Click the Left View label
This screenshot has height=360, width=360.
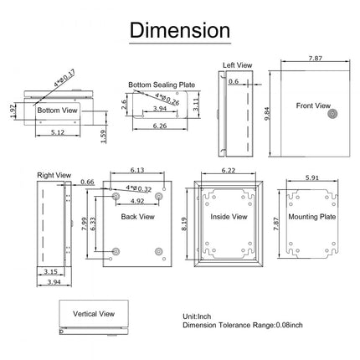[238, 64]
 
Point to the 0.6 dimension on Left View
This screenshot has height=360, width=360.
[234, 81]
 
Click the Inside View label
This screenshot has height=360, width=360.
[228, 217]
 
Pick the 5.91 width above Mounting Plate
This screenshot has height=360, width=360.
[311, 177]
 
